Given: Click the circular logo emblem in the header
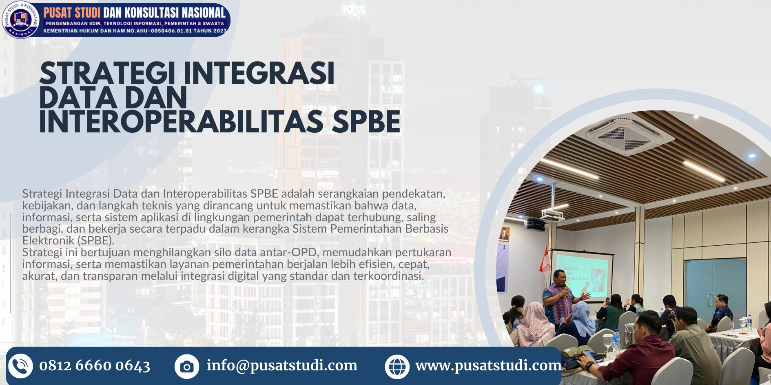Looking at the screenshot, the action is coord(20,20).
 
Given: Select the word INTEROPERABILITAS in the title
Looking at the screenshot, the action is coord(181,122).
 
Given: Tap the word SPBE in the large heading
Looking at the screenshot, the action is coord(366,122).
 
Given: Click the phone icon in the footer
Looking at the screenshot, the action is coord(20,366).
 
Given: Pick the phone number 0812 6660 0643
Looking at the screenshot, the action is coord(95,366).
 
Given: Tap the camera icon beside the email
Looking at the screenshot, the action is coord(187,366).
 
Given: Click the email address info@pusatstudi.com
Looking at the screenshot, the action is coord(282,365).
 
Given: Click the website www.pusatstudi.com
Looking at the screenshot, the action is coord(489,365).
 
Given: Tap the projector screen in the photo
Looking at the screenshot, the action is coord(581,276).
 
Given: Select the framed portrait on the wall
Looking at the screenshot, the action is coord(504,234).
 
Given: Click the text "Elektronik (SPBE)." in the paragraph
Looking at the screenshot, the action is coord(68,241).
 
